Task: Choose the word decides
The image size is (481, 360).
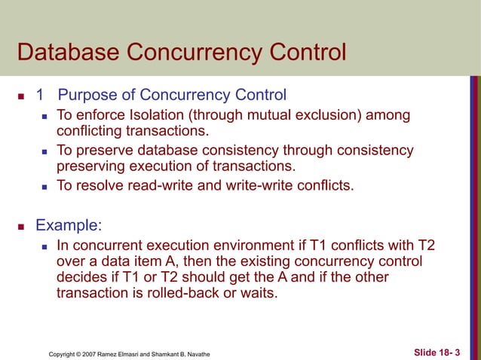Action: click(82, 277)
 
